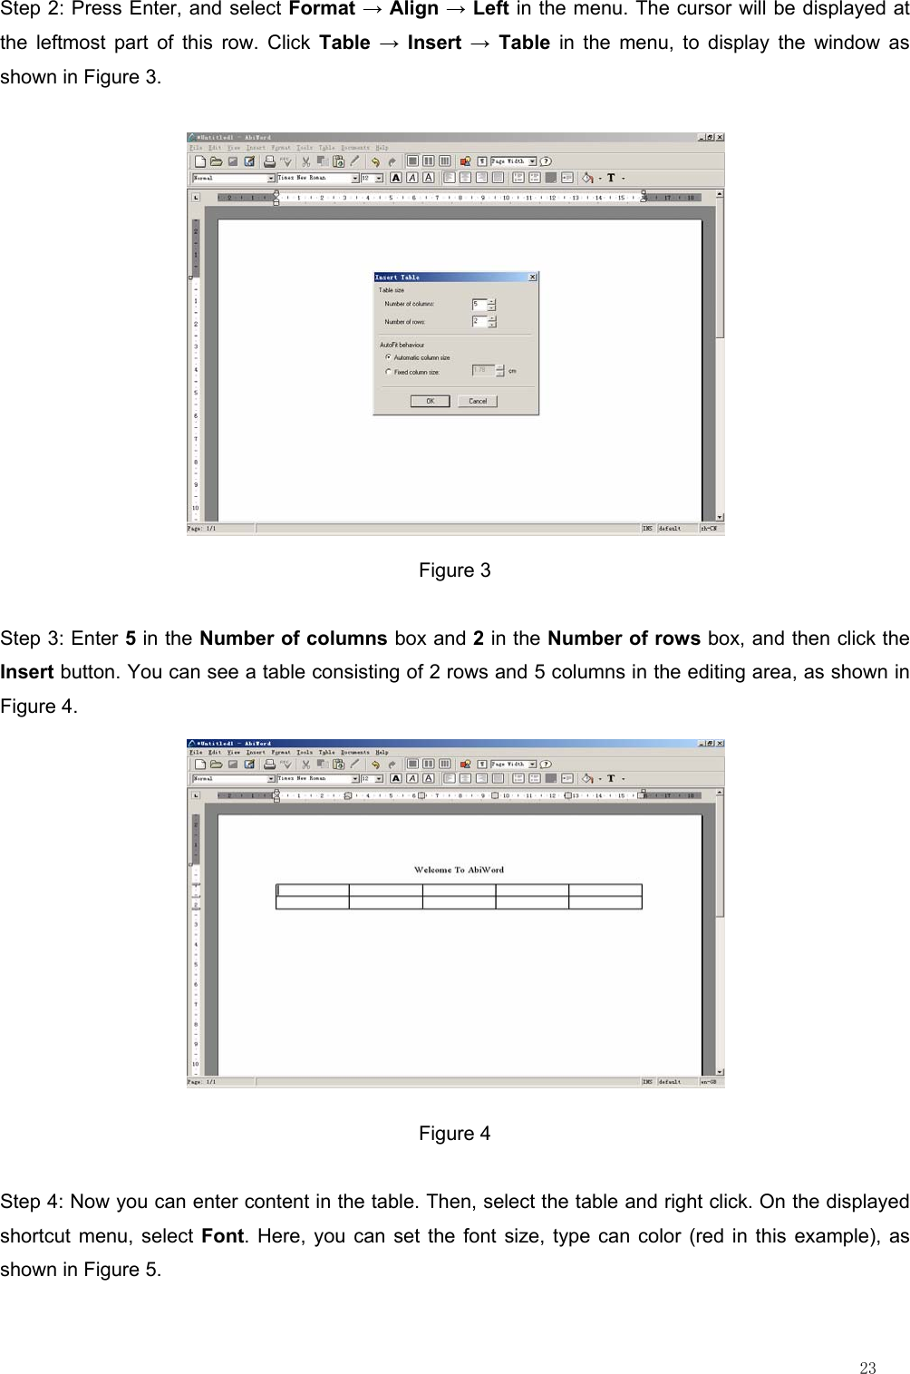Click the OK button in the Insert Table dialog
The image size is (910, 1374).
(430, 401)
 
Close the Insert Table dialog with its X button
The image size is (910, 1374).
(532, 277)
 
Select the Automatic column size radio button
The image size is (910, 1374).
(389, 357)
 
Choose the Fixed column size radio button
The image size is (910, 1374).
(389, 372)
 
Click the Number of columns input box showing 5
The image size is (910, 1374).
(479, 305)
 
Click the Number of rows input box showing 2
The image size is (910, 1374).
(479, 321)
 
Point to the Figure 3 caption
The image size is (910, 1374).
(454, 570)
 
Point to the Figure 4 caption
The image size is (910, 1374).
(454, 1134)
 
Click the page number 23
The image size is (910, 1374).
(867, 1369)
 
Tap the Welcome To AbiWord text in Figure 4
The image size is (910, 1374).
(459, 870)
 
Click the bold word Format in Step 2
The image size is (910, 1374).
(322, 9)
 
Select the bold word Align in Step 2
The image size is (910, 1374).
(413, 9)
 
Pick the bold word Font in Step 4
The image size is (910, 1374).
(222, 1236)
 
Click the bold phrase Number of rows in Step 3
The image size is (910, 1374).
(624, 638)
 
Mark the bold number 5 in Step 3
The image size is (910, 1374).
(131, 638)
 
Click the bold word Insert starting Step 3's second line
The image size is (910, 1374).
(26, 672)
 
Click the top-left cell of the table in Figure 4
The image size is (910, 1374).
(313, 891)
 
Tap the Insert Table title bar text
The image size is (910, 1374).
(398, 277)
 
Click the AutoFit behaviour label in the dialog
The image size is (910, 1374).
(402, 345)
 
